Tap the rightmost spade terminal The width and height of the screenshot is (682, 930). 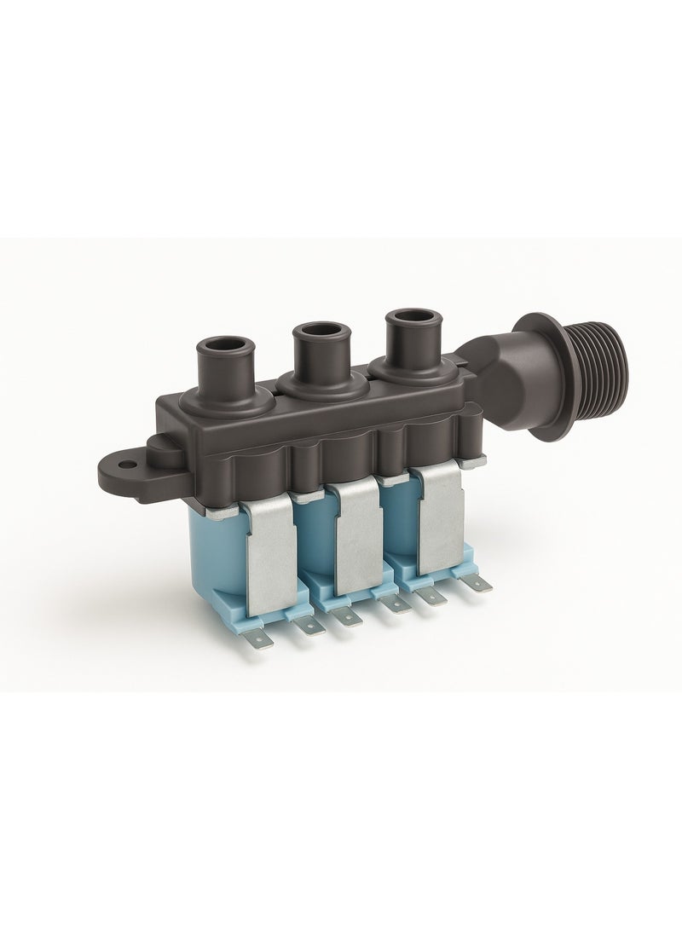coord(482,585)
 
